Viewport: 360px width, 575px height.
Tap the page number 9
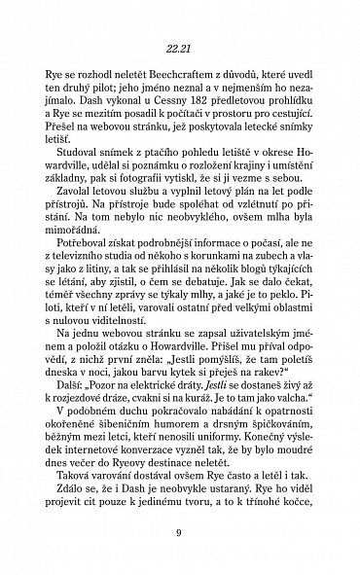tap(180, 558)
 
